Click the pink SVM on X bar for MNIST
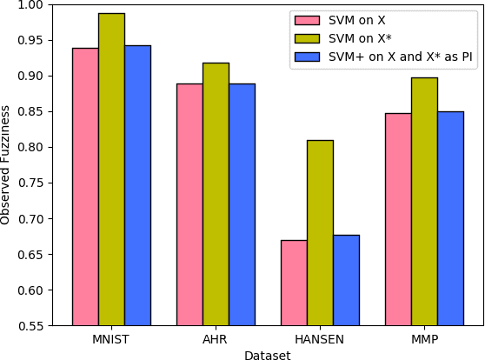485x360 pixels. click(85, 186)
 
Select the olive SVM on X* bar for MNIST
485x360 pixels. click(111, 169)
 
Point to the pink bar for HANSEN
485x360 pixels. click(294, 283)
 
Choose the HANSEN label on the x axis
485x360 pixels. click(320, 339)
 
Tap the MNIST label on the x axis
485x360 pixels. click(111, 339)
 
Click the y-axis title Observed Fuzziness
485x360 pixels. click(7, 165)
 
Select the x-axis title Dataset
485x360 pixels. click(268, 354)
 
